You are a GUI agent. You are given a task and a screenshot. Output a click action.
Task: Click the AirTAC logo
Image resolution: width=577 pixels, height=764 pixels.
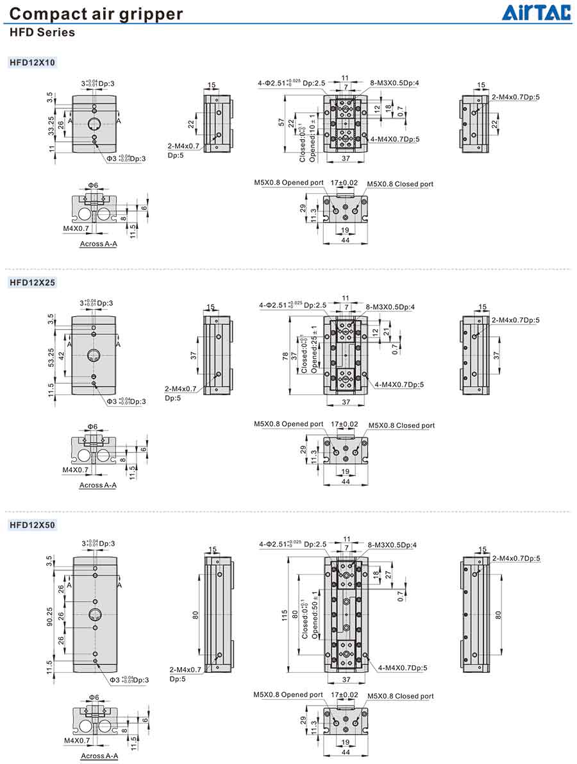[535, 13]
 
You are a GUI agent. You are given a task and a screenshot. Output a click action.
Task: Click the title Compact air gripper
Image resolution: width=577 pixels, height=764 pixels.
[97, 14]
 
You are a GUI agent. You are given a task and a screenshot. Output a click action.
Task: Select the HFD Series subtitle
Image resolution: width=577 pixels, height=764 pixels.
[42, 32]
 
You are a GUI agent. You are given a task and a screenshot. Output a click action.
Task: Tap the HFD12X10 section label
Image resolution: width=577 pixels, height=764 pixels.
[32, 62]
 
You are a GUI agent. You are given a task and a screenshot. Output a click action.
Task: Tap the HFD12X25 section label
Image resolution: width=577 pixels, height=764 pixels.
[32, 282]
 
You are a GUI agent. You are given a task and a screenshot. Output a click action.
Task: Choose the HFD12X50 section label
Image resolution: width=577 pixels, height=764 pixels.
[32, 525]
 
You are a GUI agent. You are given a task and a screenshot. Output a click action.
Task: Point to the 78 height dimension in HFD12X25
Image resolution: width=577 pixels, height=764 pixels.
[286, 356]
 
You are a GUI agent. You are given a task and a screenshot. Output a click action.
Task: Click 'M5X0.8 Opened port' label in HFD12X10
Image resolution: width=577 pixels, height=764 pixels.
[288, 183]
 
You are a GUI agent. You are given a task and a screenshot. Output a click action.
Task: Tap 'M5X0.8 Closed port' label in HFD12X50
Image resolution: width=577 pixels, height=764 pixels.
[401, 696]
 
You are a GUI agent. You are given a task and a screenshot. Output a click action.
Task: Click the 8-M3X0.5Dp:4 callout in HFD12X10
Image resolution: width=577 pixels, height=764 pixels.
[394, 83]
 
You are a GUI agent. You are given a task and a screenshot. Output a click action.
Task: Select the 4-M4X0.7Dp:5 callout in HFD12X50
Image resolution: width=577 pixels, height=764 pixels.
[402, 668]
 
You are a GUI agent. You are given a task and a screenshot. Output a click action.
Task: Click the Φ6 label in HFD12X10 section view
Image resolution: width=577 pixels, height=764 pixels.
[93, 185]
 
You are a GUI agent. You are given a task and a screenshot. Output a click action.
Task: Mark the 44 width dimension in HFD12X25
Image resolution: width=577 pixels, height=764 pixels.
[346, 481]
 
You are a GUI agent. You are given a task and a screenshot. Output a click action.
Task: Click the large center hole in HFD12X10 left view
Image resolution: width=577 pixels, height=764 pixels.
[94, 123]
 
